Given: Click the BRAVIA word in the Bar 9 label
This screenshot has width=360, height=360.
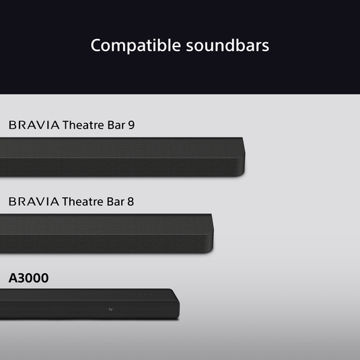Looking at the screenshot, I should pos(34,125).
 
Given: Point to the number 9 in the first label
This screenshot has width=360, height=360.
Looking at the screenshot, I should pos(131,125).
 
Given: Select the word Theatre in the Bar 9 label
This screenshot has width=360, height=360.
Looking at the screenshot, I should pos(83,125).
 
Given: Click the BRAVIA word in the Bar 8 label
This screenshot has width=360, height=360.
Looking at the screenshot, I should pos(34,201).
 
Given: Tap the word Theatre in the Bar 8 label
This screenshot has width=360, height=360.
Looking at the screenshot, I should pos(83,201).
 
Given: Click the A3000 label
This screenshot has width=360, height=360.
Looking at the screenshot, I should pos(28,278).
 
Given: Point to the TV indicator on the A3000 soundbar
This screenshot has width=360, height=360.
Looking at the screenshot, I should pos(111,310).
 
